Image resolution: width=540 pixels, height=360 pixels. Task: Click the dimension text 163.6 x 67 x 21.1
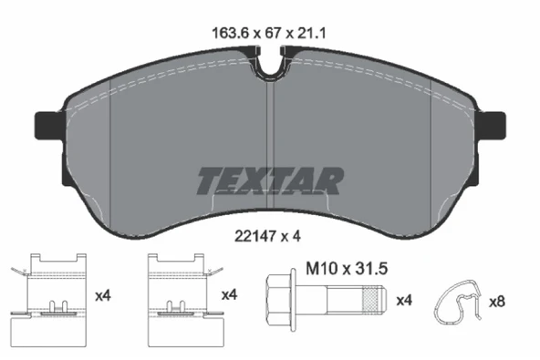click(x=268, y=34)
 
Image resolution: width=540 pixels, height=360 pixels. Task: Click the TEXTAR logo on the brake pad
click(x=270, y=181)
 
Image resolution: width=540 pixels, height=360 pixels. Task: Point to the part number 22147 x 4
click(x=267, y=236)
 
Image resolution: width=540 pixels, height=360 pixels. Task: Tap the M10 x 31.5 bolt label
click(x=347, y=269)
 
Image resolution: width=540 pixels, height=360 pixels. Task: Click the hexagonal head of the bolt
click(x=278, y=300)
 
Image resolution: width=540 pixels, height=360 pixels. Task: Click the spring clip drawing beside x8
click(x=457, y=303)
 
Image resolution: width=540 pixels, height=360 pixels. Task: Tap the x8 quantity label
click(x=497, y=302)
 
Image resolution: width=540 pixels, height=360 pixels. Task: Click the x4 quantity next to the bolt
click(x=404, y=301)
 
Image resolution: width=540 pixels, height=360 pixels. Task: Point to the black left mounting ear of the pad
click(x=48, y=125)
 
